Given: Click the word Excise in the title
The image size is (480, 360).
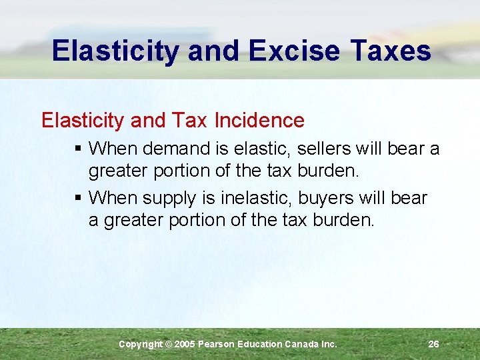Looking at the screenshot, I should pos(291,51).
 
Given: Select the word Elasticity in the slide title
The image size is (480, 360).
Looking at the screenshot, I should pos(115,51).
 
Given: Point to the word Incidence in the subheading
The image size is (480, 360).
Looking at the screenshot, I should pos(259,121).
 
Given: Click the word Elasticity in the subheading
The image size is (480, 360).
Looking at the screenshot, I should pos(83,121).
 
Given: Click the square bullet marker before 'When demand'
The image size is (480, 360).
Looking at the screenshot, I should pos(79,149).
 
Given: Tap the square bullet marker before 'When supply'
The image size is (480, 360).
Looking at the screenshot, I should pos(79,198).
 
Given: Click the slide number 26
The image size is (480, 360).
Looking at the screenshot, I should pos(433,344).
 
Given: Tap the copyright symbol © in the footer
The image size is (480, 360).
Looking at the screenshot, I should pos(169,344).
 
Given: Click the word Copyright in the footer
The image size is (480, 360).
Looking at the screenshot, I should pos(140,344).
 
